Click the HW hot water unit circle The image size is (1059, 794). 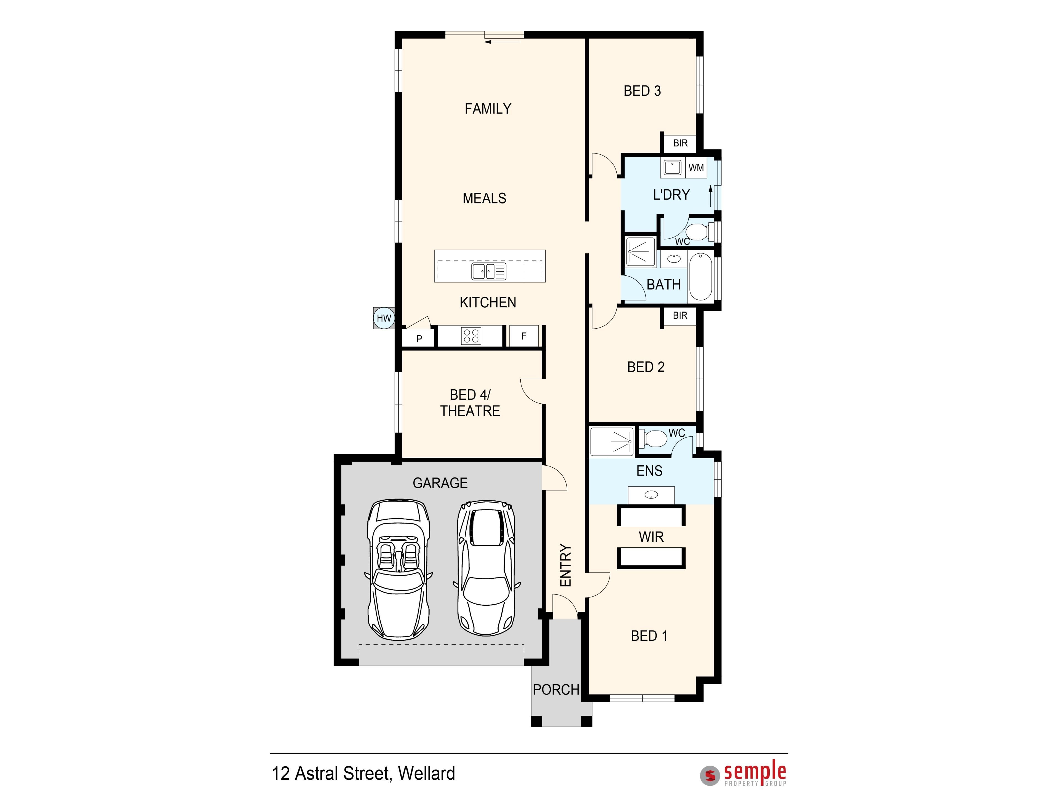[x=384, y=318]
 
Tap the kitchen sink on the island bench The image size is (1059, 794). [x=489, y=271]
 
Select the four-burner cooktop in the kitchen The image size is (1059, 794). [x=471, y=336]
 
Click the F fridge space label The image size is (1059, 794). [x=524, y=336]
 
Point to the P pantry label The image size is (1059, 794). [x=419, y=339]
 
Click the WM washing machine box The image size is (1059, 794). [x=696, y=168]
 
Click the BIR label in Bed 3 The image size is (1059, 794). [x=680, y=143]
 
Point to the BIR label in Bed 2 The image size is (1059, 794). [x=680, y=315]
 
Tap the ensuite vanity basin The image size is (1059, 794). [x=651, y=495]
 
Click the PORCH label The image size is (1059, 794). [x=556, y=690]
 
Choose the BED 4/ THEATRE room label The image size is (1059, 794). [x=470, y=403]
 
